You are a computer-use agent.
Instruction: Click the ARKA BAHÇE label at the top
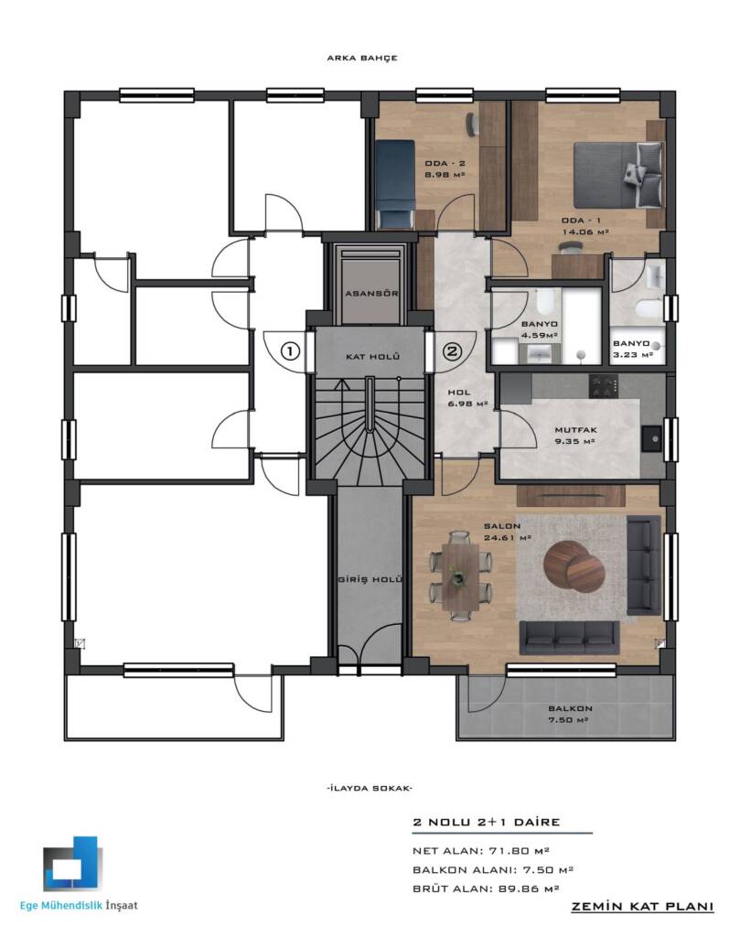coord(362,58)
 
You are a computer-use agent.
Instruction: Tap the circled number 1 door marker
coord(290,350)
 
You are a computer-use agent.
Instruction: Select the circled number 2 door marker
coord(452,350)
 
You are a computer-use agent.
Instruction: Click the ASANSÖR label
coord(371,294)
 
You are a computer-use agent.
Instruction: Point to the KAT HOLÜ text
coord(372,356)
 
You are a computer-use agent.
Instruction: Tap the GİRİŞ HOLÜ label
coord(370,579)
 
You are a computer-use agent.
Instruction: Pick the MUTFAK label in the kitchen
coord(575,430)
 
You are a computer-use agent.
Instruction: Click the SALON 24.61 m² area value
coord(508,538)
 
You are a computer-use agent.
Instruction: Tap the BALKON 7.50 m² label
coord(571,714)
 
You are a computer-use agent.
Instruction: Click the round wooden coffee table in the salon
coord(572,565)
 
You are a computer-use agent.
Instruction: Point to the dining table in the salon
coord(460,573)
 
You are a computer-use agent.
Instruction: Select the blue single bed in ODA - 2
coord(395,184)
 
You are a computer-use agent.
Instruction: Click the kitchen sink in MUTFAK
coord(653,439)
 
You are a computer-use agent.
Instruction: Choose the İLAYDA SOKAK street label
coord(370,788)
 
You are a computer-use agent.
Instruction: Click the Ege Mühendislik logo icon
coord(73,863)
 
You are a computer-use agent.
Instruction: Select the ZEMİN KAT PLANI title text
coord(643,907)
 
